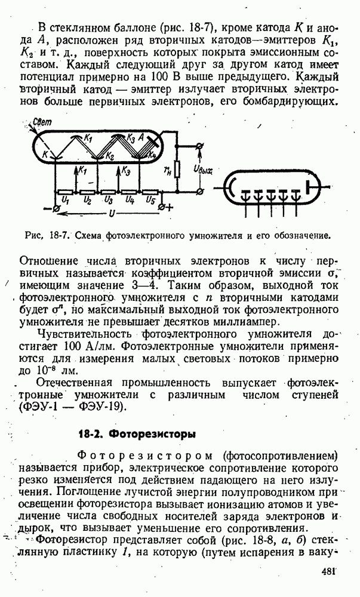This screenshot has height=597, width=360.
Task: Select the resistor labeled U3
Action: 107,192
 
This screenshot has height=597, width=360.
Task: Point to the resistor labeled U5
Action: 150,192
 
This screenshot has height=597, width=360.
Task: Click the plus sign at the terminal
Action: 169,208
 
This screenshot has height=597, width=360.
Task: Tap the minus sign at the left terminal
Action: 48,209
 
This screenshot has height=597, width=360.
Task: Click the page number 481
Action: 330,572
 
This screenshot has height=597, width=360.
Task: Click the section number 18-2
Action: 93,432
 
